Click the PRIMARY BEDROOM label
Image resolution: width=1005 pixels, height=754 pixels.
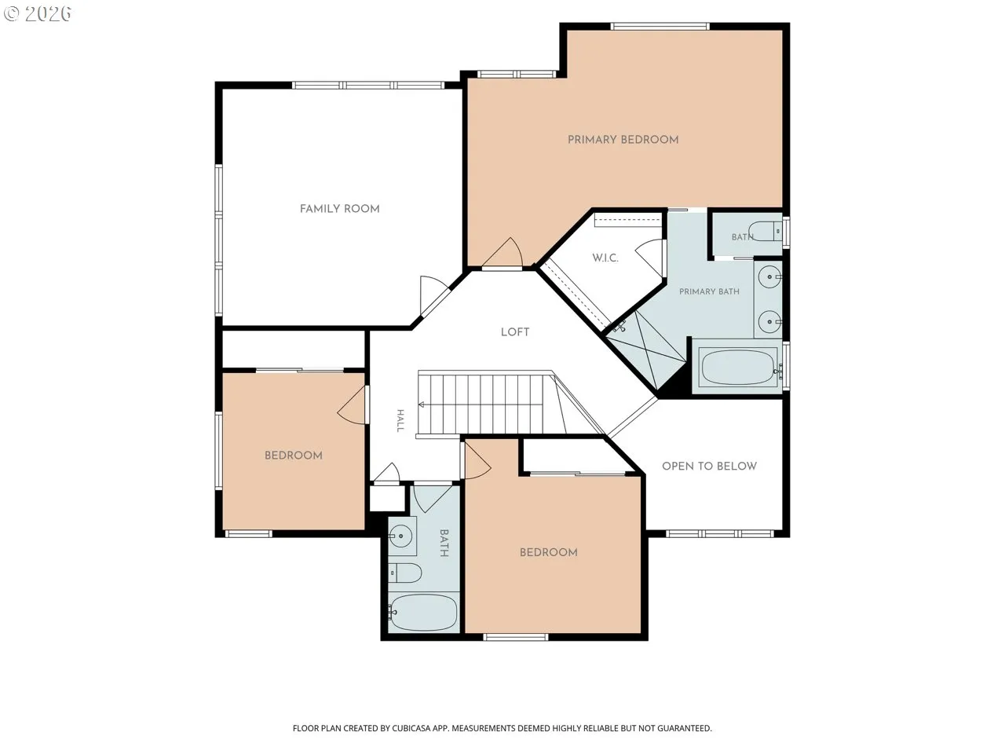623,140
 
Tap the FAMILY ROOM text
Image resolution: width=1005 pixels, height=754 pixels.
340,209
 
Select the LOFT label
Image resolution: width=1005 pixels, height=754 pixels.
515,332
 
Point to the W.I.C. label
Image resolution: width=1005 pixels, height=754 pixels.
605,258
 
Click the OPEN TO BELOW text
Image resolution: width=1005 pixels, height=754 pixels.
709,467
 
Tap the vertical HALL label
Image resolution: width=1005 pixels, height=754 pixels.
400,421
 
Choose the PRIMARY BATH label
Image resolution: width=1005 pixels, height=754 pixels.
709,291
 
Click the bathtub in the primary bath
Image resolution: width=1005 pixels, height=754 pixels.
737,367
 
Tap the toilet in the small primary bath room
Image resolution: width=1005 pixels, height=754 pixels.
765,231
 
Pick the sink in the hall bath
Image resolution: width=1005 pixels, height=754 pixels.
401,536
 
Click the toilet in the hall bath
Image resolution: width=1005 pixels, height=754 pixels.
404,573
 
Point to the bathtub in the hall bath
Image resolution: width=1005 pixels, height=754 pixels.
423,613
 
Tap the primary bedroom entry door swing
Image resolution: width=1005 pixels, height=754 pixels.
503,253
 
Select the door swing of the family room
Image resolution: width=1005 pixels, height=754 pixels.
433,295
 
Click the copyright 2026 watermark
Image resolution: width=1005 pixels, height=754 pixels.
38,13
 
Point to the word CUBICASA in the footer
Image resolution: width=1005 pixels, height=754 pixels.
412,728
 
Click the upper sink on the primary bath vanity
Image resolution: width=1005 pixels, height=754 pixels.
769,277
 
